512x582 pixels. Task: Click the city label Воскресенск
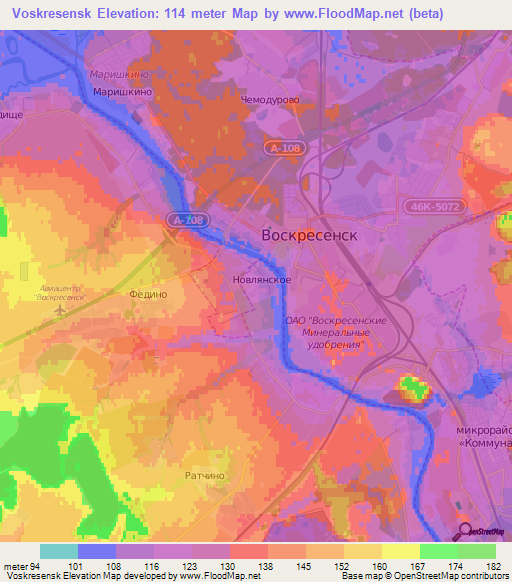[x=308, y=235]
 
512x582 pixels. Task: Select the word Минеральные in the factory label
[x=336, y=332]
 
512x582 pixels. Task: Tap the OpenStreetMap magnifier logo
[x=464, y=531]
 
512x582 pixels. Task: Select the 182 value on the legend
[x=494, y=565]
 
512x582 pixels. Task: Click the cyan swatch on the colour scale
[x=58, y=551]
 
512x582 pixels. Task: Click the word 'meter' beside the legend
[x=13, y=565]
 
